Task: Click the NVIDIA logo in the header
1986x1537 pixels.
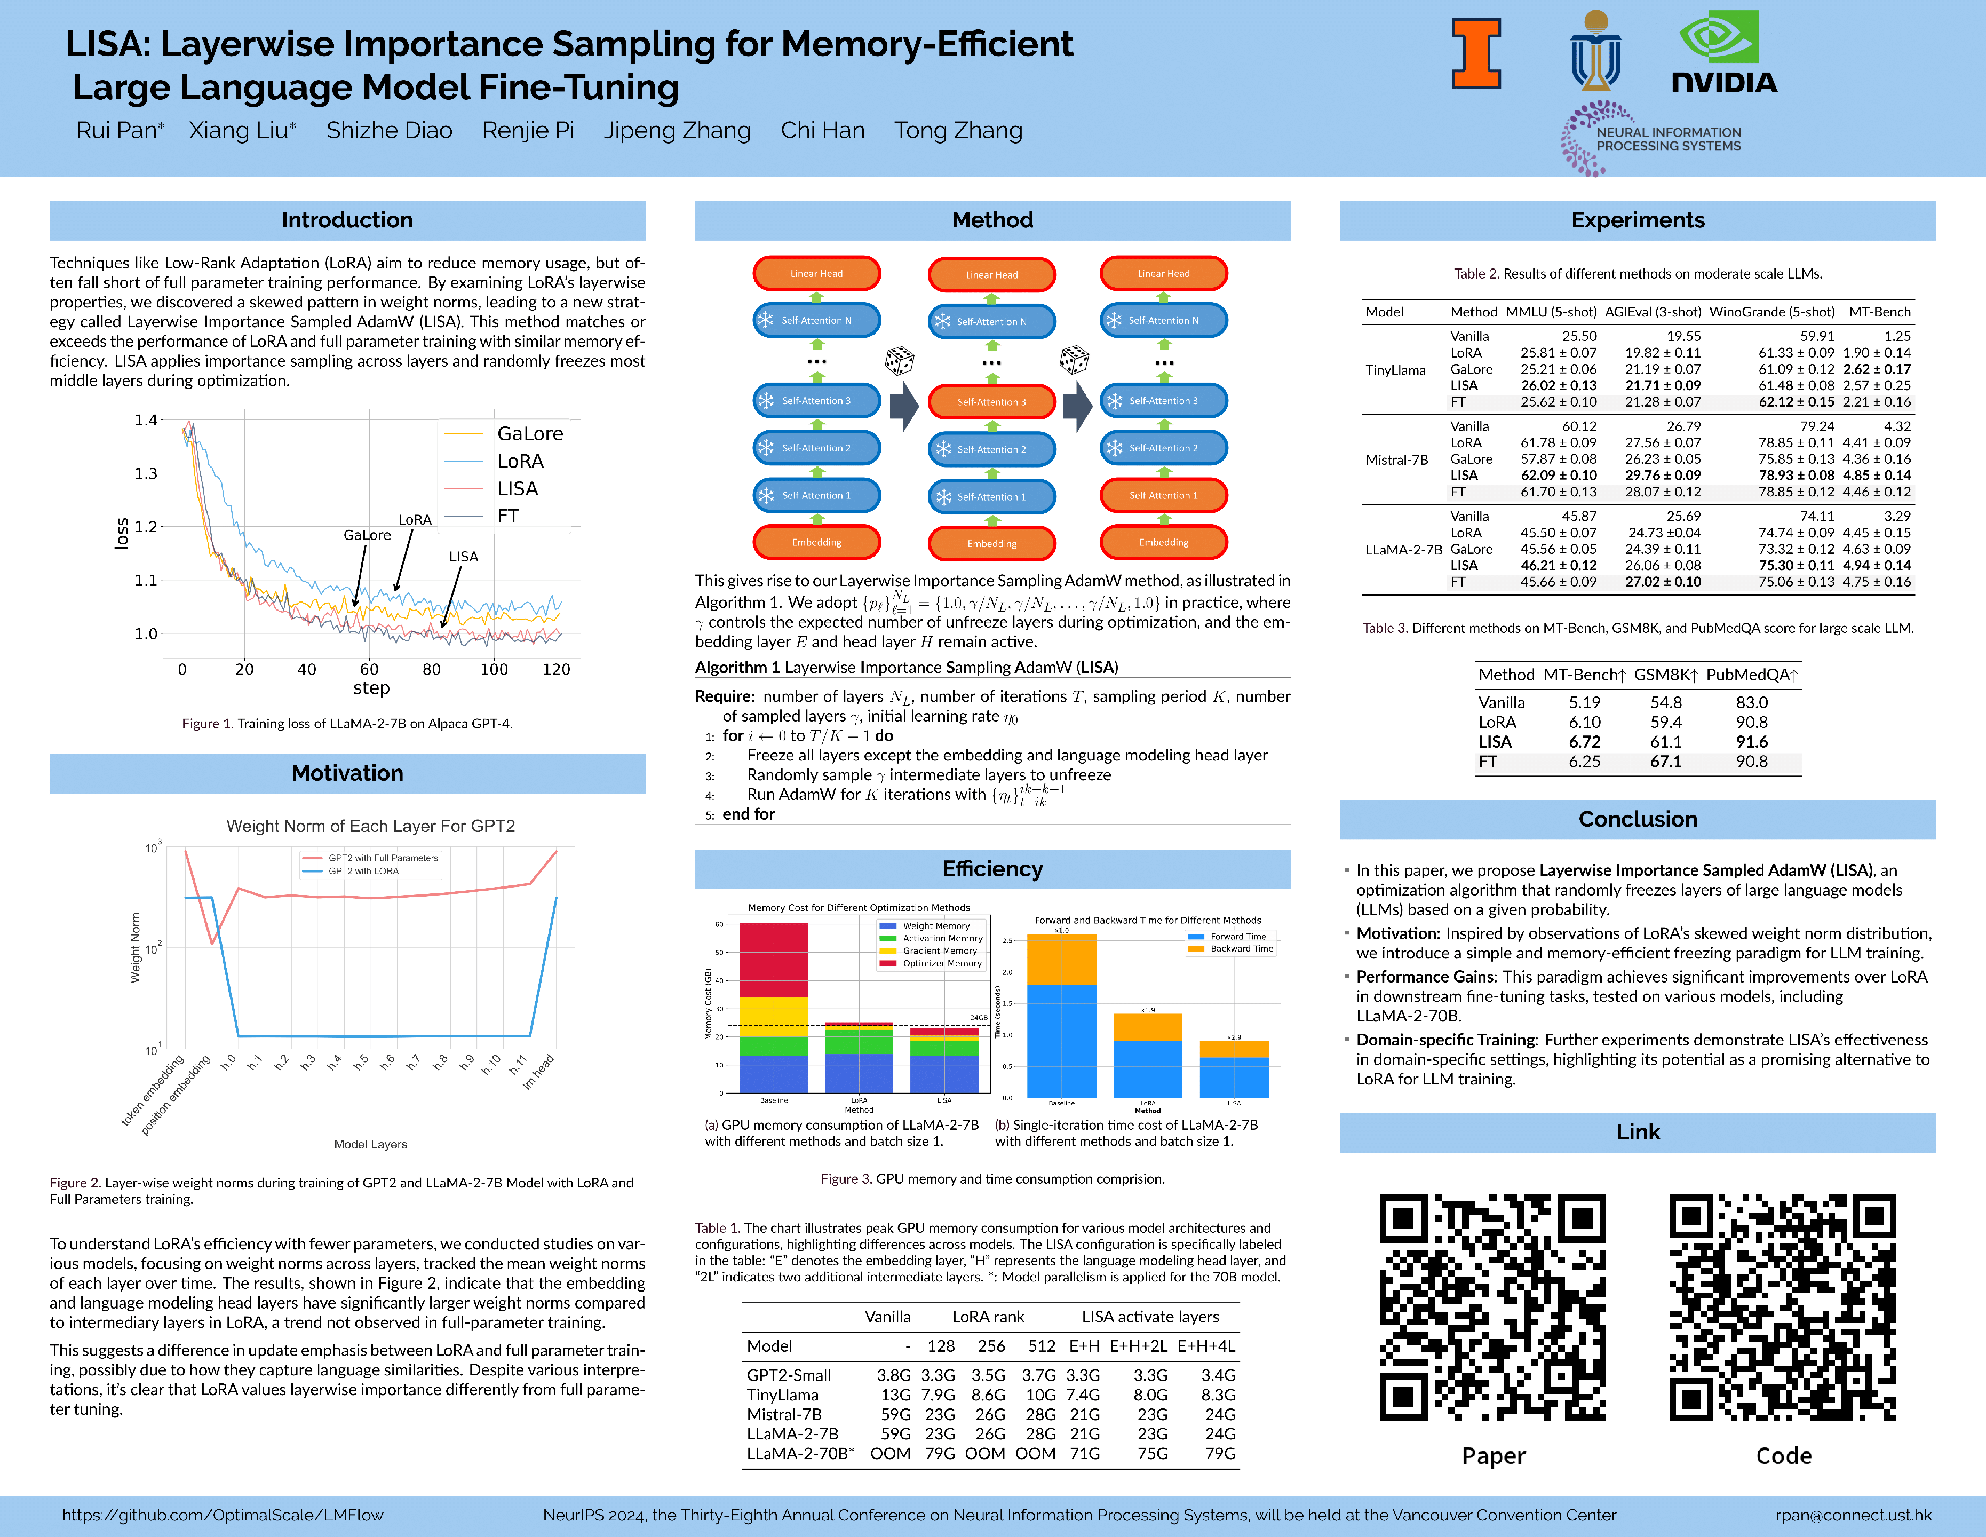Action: coord(1723,53)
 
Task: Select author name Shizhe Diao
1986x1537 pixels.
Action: coord(389,131)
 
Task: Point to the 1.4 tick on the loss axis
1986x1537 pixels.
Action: coord(146,420)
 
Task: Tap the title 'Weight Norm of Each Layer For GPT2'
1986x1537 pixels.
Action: coord(370,826)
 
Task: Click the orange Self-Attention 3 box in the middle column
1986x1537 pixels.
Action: coord(991,402)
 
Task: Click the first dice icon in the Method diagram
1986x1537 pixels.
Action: coord(899,360)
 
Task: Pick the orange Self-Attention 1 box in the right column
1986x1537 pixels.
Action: coord(1163,496)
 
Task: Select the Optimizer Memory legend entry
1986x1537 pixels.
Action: coord(941,963)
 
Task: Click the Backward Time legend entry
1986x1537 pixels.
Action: coord(1241,948)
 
